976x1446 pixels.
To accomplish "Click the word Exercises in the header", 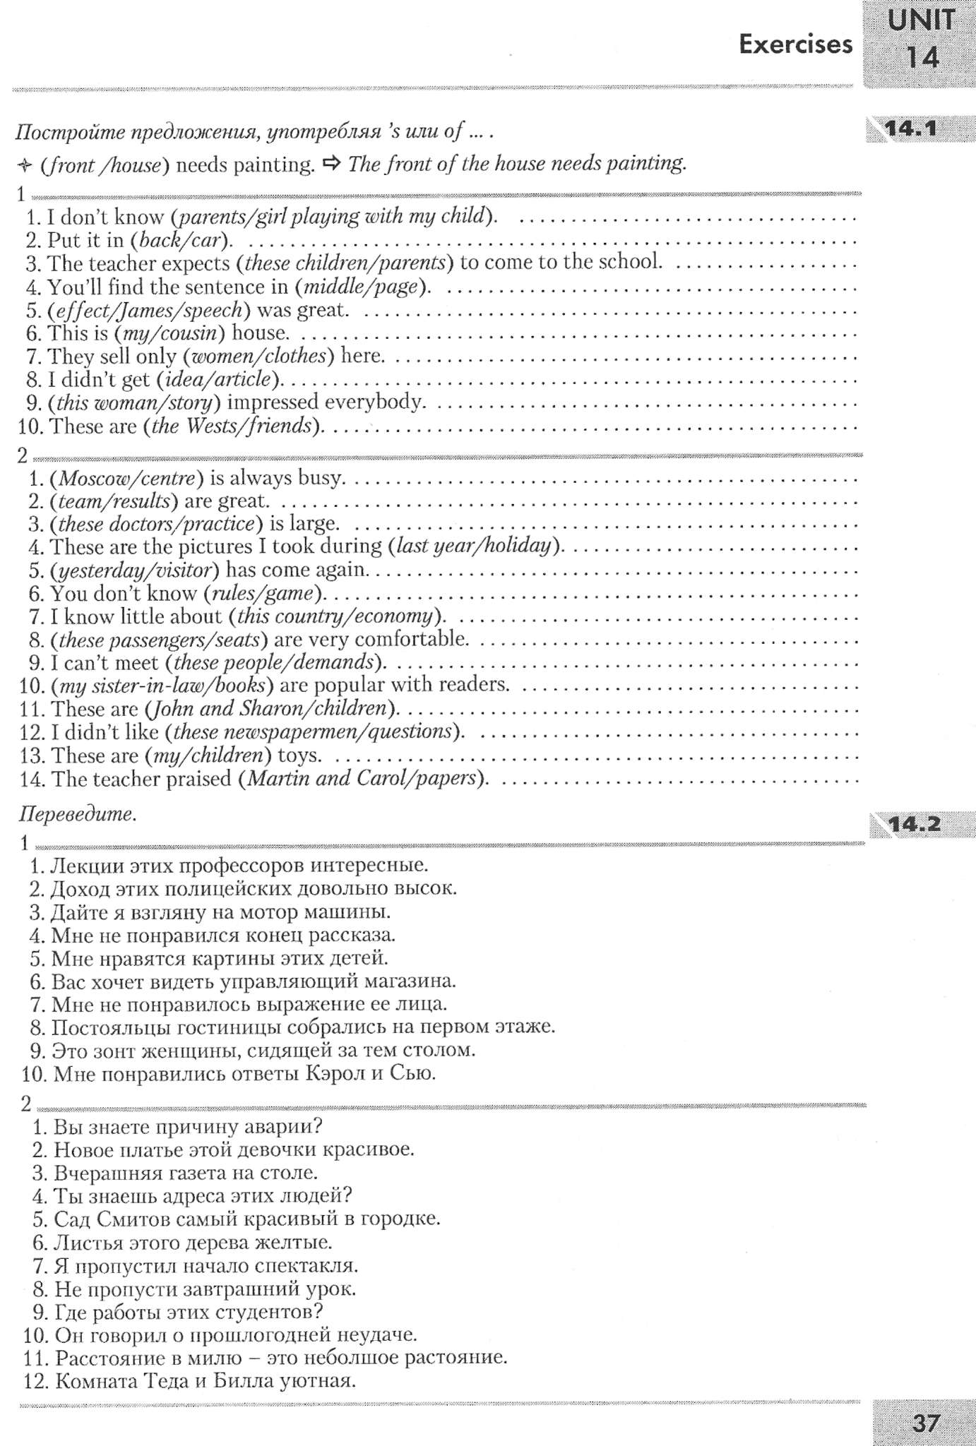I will pyautogui.click(x=795, y=44).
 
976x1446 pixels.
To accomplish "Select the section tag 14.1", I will pyautogui.click(x=910, y=129).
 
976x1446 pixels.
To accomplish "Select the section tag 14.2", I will pyautogui.click(x=915, y=823).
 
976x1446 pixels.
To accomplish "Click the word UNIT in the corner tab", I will pyautogui.click(x=922, y=21).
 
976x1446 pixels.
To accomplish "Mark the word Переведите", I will pyautogui.click(x=76, y=814).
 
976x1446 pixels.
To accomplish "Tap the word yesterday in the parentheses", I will pyautogui.click(x=91, y=570).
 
